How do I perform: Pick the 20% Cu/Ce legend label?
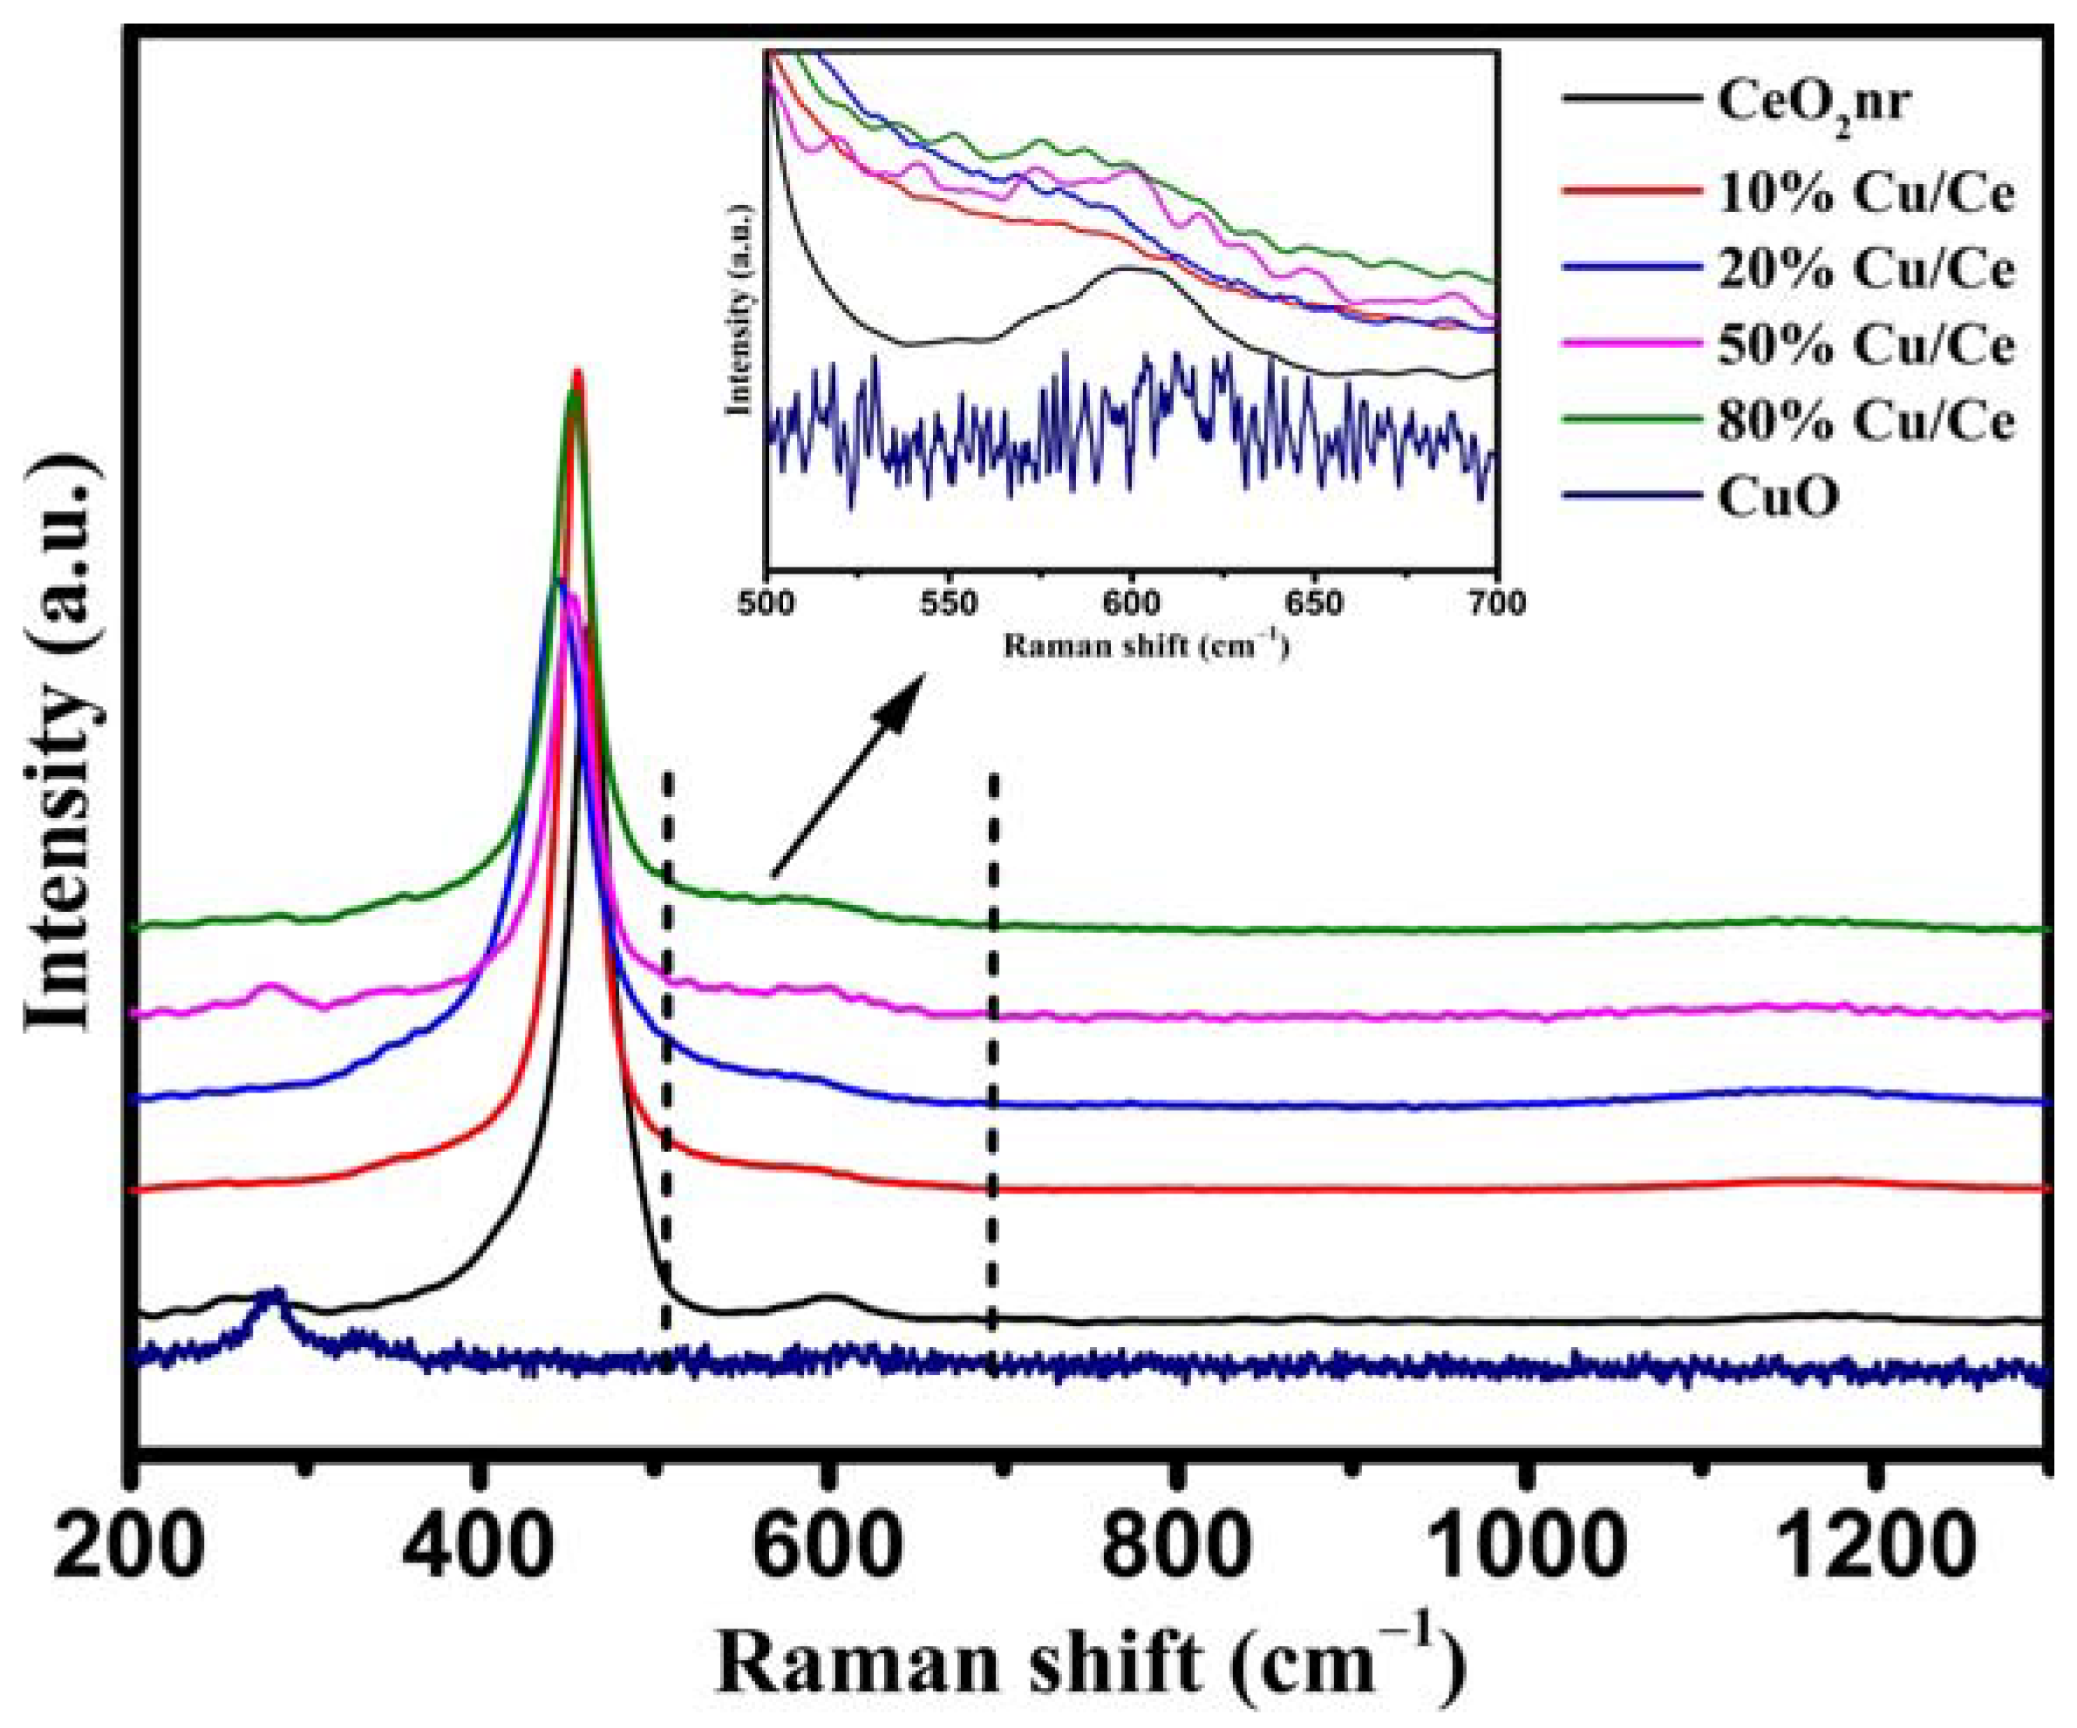(1864, 269)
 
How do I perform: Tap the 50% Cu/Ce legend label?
(1864, 345)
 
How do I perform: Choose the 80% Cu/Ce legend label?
(1864, 421)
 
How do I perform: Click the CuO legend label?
(1778, 498)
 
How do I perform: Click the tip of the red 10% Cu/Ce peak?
(577, 374)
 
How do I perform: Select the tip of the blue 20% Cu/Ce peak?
(559, 581)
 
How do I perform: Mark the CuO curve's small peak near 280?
(274, 1296)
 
